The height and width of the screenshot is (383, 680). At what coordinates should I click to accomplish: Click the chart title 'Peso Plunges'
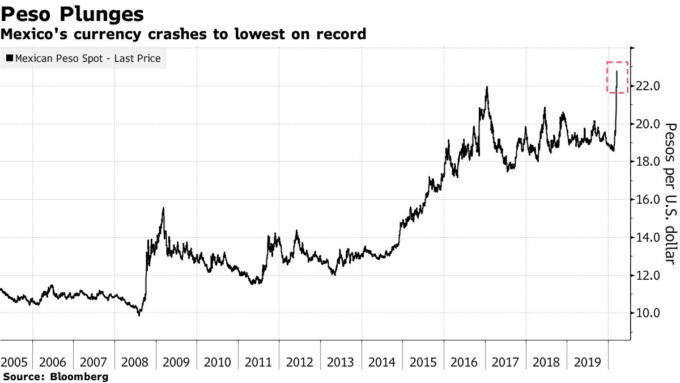click(x=72, y=14)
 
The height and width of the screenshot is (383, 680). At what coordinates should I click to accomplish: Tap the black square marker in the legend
click(x=10, y=58)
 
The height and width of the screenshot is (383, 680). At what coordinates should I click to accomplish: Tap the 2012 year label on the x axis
click(x=299, y=361)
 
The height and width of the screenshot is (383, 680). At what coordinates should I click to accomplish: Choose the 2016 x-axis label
click(x=464, y=361)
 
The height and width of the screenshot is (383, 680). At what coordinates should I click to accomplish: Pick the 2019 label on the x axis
click(x=586, y=361)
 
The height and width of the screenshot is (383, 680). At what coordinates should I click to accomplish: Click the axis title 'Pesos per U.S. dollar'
click(x=670, y=193)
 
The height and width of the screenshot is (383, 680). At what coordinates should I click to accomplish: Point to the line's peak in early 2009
click(x=163, y=208)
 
